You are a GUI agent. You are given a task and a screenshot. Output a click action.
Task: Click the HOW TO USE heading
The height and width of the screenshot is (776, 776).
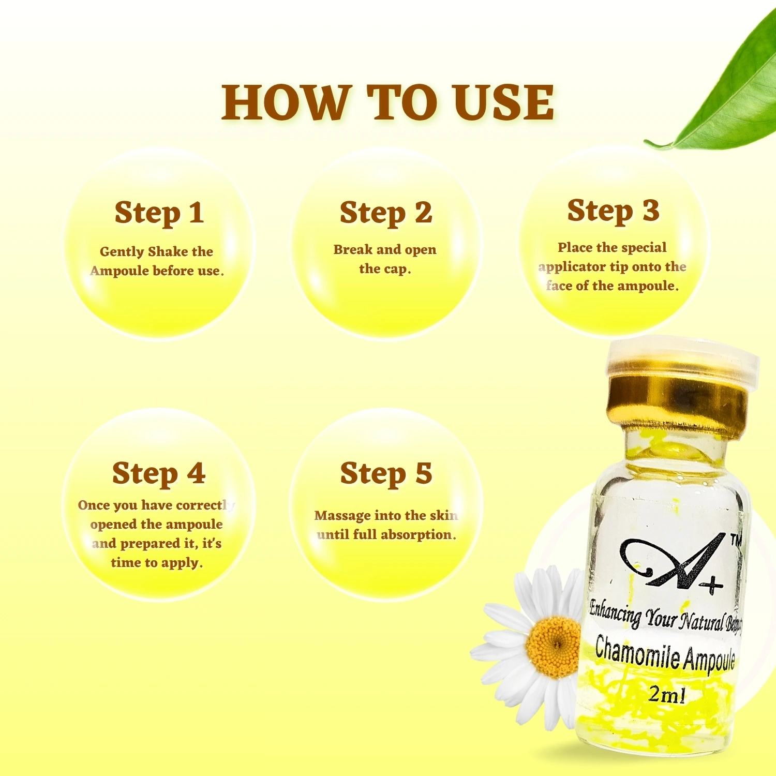tap(388, 102)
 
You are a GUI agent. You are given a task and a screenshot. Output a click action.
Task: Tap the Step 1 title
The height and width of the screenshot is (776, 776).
tap(159, 213)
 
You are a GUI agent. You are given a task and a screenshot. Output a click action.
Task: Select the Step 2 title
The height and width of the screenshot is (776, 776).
tap(386, 213)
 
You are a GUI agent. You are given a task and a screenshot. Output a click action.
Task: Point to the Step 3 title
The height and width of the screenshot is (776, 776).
tap(613, 211)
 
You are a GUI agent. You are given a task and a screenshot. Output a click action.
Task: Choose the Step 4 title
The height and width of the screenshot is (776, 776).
tap(159, 474)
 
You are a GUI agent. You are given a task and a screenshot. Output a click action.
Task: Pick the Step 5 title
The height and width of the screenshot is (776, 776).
tap(386, 474)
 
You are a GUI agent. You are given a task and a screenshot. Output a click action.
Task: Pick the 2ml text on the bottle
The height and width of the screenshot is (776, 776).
tap(667, 694)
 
